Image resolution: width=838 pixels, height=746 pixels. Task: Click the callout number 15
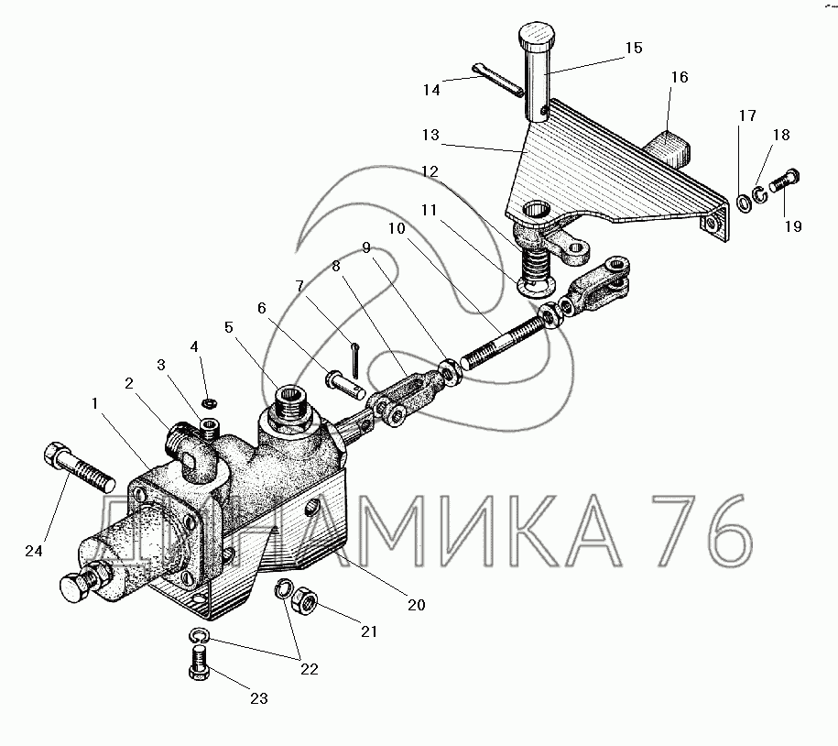[x=634, y=49]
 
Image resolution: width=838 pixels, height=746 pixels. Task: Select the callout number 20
[x=417, y=605]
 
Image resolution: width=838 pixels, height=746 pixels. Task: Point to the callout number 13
[x=430, y=135]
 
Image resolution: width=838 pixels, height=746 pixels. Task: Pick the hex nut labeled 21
[x=304, y=596]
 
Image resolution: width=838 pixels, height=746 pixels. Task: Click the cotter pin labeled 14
[x=498, y=81]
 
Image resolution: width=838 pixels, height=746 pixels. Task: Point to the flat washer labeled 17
[x=744, y=203]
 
